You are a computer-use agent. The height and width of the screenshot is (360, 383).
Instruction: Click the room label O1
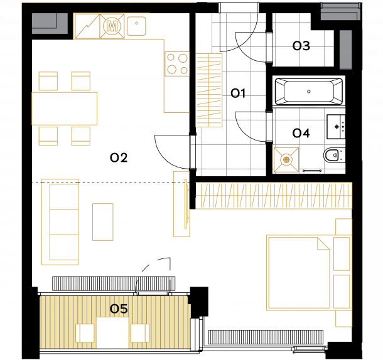pyautogui.click(x=238, y=93)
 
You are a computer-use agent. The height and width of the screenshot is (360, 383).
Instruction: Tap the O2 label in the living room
pyautogui.click(x=119, y=157)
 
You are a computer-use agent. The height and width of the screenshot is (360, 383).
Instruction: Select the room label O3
pyautogui.click(x=301, y=46)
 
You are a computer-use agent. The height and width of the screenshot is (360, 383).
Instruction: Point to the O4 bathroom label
pyautogui.click(x=301, y=133)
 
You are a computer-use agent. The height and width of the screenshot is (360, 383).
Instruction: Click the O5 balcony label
pyautogui.click(x=119, y=309)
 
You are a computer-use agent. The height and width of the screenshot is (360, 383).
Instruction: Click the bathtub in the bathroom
pyautogui.click(x=309, y=92)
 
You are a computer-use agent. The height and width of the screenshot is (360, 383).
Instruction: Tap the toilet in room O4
pyautogui.click(x=334, y=155)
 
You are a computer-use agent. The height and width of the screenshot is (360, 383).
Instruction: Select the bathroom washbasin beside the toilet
pyautogui.click(x=336, y=127)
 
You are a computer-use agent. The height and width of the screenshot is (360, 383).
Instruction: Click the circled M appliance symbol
pyautogui.click(x=112, y=26)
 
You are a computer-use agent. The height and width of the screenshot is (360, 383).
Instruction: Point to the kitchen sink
pyautogui.click(x=136, y=26)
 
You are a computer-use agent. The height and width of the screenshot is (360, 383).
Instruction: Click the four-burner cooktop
pyautogui.click(x=177, y=64)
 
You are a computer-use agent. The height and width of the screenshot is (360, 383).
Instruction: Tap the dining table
pyautogui.click(x=65, y=109)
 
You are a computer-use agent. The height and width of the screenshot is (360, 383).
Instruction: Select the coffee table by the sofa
pyautogui.click(x=103, y=222)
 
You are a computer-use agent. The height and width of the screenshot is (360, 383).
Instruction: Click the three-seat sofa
pyautogui.click(x=60, y=222)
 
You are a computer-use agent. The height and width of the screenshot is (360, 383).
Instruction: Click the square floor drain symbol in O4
pyautogui.click(x=286, y=160)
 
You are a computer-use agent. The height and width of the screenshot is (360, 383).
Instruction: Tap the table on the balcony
pyautogui.click(x=112, y=332)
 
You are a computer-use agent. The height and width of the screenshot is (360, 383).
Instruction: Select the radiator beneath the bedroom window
pyautogui.click(x=266, y=337)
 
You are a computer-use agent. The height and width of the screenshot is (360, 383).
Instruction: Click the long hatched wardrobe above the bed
pyautogui.click(x=274, y=196)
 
